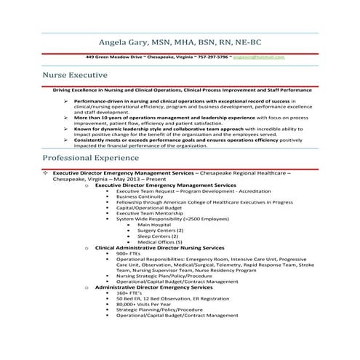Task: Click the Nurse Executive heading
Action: point(75,75)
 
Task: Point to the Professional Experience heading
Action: point(92,158)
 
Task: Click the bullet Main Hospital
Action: point(153,225)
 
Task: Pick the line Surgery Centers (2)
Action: point(158,231)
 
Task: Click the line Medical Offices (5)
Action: point(159,242)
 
